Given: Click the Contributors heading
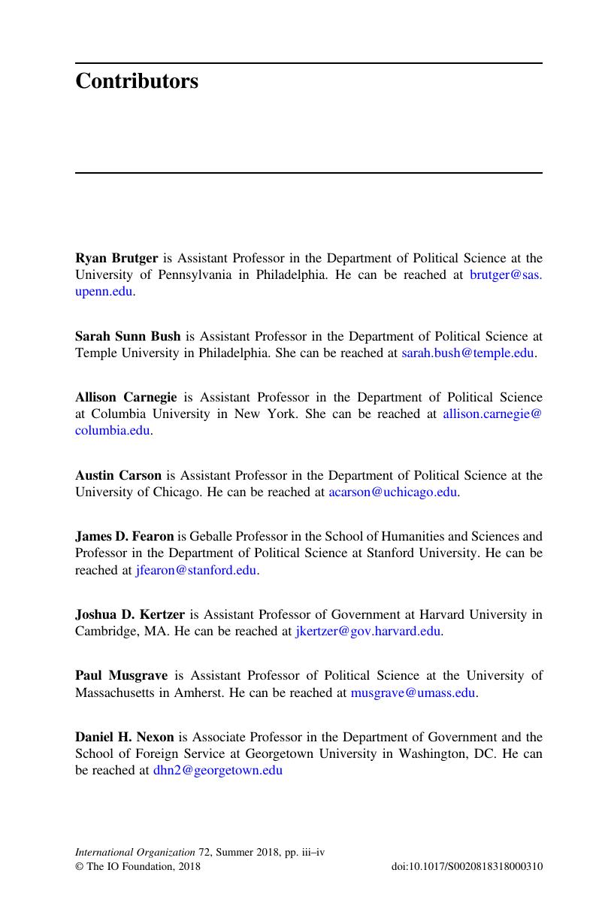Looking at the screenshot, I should coord(137,81).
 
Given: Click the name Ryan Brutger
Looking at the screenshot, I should coord(116,259).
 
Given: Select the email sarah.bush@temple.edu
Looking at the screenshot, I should coord(467,353).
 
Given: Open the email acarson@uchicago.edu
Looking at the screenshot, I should coord(393,492).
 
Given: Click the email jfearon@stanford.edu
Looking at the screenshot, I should coord(196,571).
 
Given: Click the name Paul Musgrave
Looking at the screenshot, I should coord(121,676).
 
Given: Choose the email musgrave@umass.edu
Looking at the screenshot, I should coord(413,693).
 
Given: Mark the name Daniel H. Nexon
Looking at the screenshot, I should coord(124,738).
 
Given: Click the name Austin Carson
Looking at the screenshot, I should coord(118,475).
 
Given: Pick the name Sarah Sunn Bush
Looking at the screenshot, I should coord(128,336).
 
